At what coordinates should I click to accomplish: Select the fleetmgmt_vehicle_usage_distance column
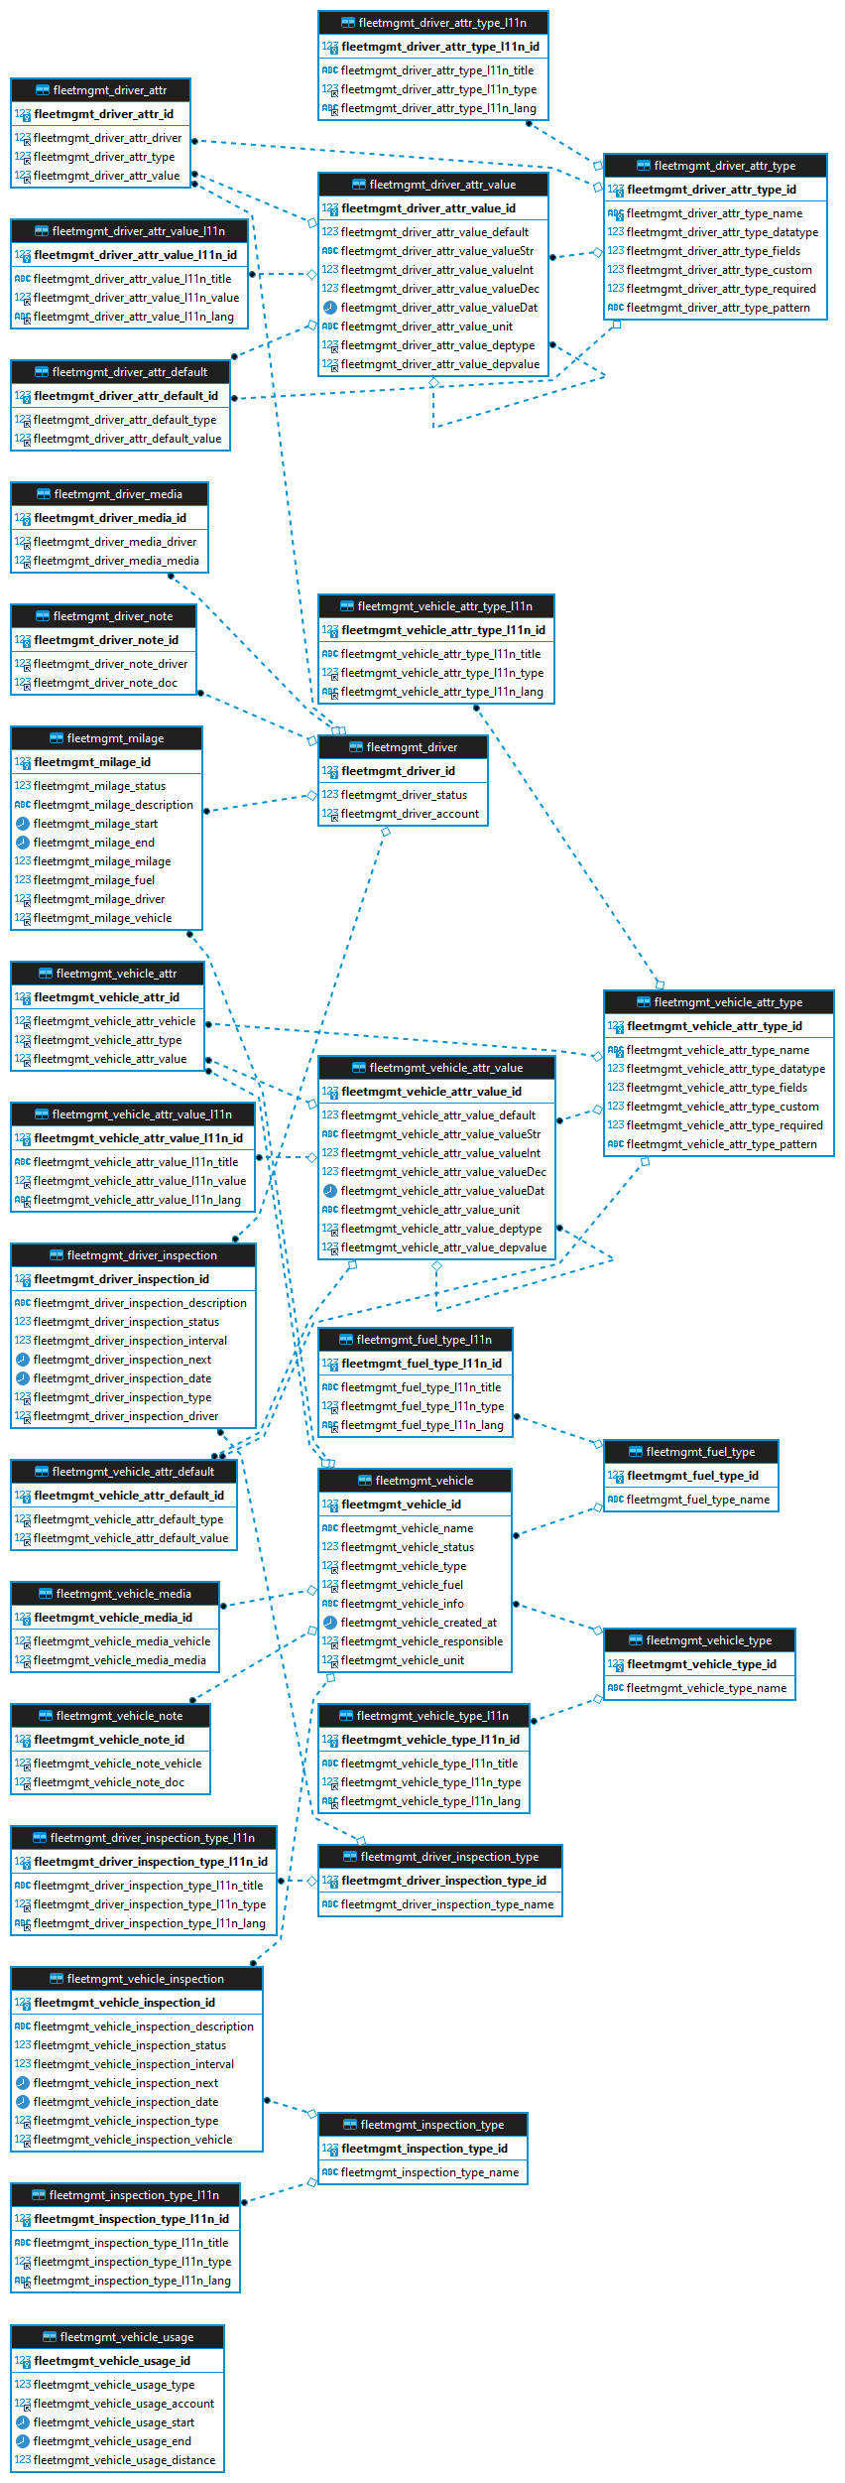pos(124,2460)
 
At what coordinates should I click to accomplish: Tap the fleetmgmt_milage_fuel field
pos(94,880)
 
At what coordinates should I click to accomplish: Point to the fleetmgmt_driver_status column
pos(404,795)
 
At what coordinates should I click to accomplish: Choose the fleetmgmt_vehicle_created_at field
pos(419,1623)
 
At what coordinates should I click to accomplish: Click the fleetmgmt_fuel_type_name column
pos(697,1500)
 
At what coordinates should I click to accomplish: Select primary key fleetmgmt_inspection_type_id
pos(423,2149)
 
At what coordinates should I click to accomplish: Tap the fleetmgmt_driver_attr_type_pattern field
pos(718,308)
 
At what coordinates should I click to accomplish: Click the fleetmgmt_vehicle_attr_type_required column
pos(724,1125)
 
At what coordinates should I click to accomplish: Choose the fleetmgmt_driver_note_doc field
pos(105,683)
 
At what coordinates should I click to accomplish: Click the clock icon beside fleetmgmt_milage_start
pos(22,824)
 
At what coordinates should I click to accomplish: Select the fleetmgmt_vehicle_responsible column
pos(422,1641)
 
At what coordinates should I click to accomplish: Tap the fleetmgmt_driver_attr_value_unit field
pos(426,327)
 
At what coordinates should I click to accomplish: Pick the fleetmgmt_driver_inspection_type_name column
pos(446,1904)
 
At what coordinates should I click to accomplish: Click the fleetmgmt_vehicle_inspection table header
pos(136,1979)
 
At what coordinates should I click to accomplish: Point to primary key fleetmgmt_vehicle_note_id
pos(109,1740)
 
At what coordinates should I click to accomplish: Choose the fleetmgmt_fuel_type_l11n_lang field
pos(422,1425)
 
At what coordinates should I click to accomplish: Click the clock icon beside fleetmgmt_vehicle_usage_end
pos(22,2441)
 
